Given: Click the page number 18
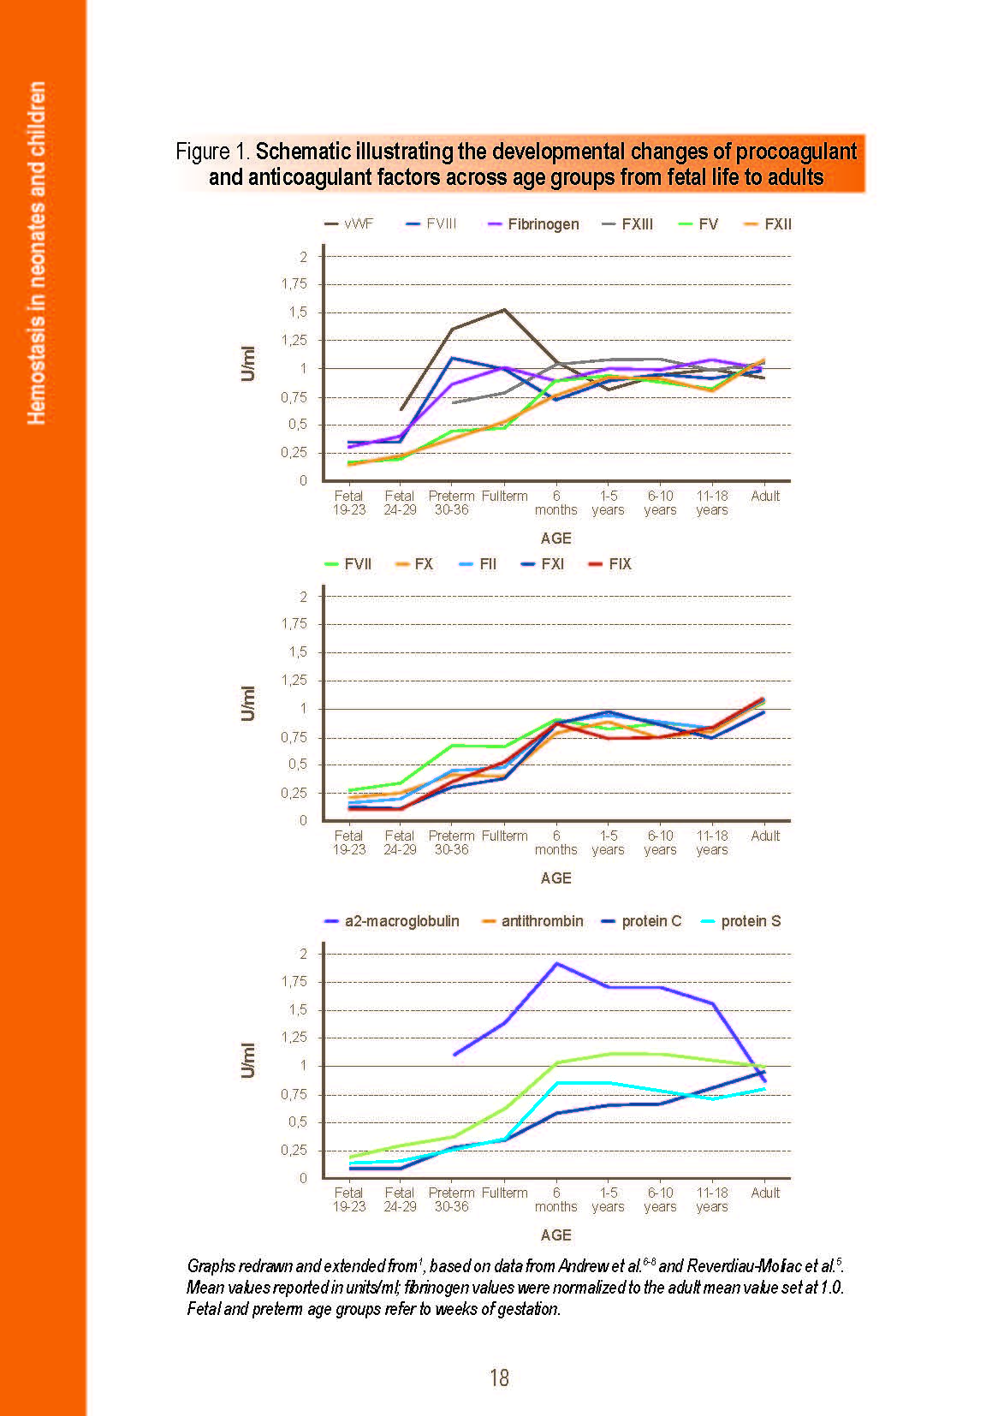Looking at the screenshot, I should pyautogui.click(x=499, y=1377).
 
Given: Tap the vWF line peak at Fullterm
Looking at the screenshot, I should pyautogui.click(x=504, y=310).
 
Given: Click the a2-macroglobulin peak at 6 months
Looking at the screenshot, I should pyautogui.click(x=557, y=964).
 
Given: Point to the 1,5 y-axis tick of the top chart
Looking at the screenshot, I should pyautogui.click(x=298, y=312).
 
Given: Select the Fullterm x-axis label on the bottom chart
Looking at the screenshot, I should pyautogui.click(x=504, y=1193).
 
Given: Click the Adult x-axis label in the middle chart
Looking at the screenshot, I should pyautogui.click(x=765, y=836).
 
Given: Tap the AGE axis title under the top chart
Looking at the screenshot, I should pyautogui.click(x=555, y=538).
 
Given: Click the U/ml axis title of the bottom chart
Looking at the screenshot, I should pyautogui.click(x=248, y=1061).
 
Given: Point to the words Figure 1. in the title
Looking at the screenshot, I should pyautogui.click(x=212, y=152).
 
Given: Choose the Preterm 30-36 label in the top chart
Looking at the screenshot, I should pyautogui.click(x=451, y=503).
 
